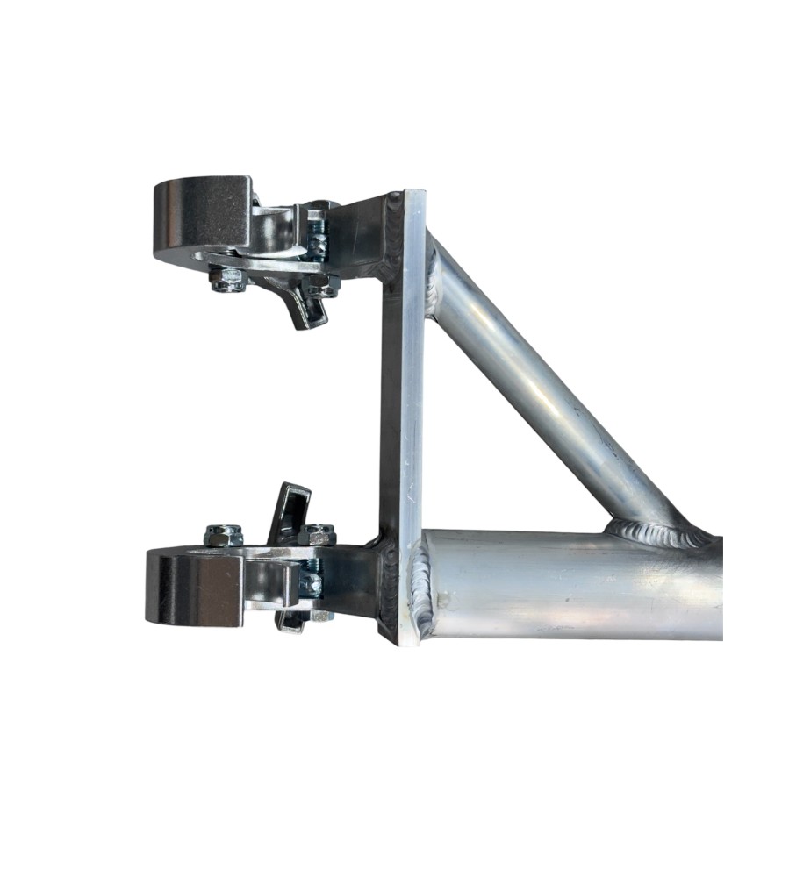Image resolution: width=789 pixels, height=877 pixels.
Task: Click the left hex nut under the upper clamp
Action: coord(226,280)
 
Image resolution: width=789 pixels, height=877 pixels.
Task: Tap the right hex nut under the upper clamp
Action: coord(322,284)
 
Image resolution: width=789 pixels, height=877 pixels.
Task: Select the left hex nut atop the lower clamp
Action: coord(224,534)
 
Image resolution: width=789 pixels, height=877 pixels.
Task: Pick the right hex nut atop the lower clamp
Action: coord(316,534)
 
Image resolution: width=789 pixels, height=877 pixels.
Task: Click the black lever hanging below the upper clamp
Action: coord(304,307)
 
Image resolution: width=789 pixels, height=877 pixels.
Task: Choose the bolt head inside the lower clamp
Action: coord(312,583)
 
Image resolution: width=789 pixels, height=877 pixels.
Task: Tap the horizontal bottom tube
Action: coord(579,583)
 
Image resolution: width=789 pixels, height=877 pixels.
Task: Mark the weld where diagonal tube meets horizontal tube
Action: coord(654,531)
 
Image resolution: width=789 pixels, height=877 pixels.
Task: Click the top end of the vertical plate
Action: coord(414,195)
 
